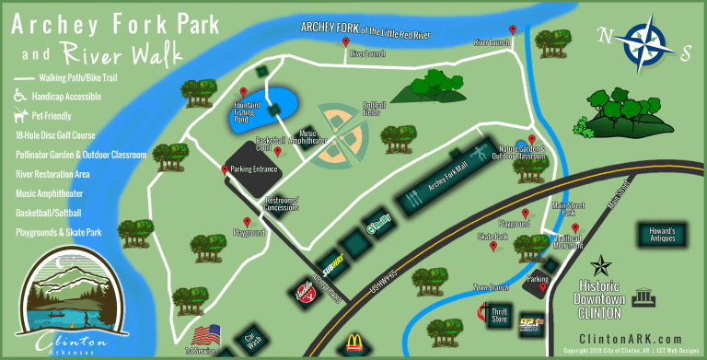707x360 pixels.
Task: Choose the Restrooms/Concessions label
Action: tap(282, 203)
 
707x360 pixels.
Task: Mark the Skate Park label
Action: tap(492, 237)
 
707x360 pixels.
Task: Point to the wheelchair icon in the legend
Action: tap(19, 95)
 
